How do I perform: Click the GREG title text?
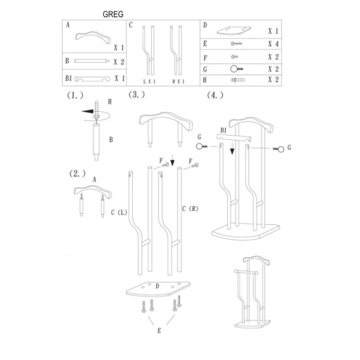(112, 14)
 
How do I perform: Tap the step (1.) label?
(75, 96)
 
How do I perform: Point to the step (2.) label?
(77, 174)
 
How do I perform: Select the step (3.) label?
(136, 95)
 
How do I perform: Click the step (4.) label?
(215, 96)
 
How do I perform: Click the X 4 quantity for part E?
(274, 44)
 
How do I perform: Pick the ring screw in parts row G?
(236, 69)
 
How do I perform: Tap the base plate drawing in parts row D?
(233, 31)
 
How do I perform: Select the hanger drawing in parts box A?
(93, 37)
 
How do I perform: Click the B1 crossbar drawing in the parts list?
(92, 79)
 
